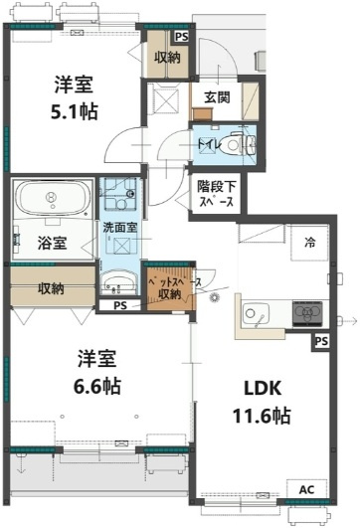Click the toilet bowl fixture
coord(237,145)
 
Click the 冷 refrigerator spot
coord(309,241)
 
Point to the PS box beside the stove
coord(321,342)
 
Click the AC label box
coord(306,490)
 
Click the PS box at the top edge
coord(180,37)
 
